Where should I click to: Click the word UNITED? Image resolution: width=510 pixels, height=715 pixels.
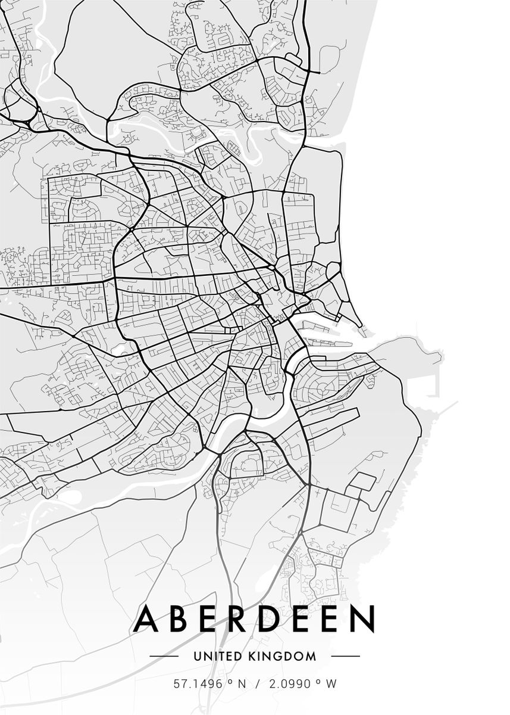click(218, 657)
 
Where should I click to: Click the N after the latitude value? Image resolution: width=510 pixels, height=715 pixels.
click(242, 684)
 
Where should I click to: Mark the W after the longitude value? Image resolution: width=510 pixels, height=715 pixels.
click(331, 684)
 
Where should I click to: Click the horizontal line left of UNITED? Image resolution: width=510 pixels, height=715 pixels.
click(164, 657)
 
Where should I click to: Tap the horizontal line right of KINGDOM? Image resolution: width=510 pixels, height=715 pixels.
click(345, 657)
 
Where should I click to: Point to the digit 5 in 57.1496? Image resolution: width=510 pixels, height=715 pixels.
click(177, 684)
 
